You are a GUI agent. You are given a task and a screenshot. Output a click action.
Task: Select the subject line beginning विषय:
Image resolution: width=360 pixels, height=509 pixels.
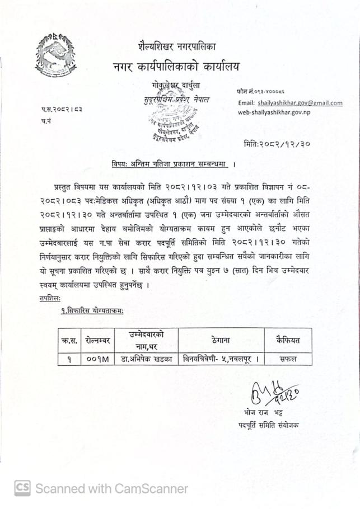click(x=171, y=164)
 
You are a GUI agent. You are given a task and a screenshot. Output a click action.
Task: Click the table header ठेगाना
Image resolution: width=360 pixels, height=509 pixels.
click(x=221, y=340)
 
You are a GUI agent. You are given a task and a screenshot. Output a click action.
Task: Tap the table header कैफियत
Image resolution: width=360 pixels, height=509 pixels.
click(x=288, y=340)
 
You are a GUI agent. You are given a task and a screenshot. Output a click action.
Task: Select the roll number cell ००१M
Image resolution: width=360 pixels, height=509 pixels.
click(x=99, y=359)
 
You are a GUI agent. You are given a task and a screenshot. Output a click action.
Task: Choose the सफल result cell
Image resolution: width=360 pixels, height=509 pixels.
click(x=288, y=359)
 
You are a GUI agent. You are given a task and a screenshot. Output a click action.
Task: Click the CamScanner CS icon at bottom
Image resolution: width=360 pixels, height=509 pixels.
click(x=22, y=488)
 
